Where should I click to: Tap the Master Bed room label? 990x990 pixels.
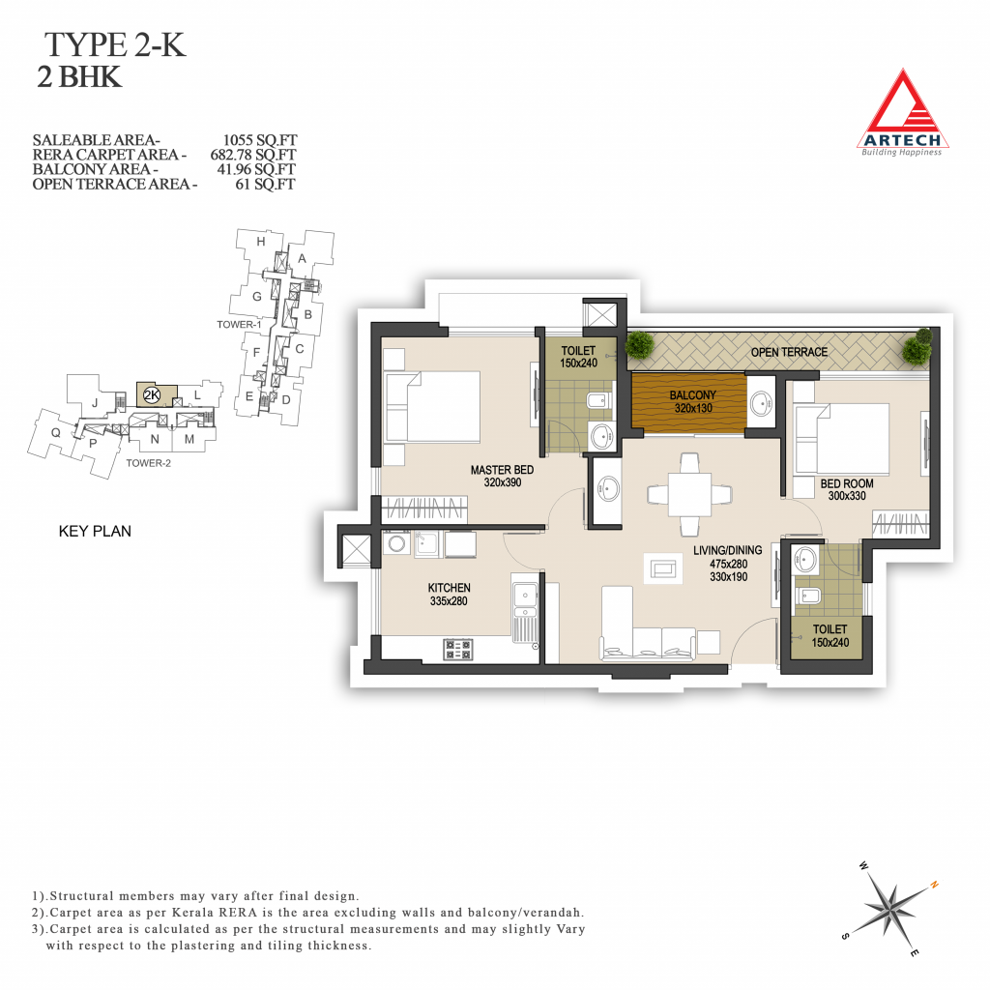[x=502, y=476]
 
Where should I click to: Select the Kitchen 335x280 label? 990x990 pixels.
[x=449, y=595]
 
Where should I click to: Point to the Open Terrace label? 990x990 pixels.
[x=789, y=352]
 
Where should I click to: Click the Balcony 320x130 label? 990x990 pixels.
[x=692, y=401]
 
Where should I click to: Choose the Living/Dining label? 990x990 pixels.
[x=727, y=550]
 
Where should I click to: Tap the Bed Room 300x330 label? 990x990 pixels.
[x=847, y=489]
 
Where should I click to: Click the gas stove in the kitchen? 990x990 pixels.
[x=458, y=649]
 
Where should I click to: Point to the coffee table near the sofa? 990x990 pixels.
[x=663, y=568]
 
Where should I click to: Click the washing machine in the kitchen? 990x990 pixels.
[x=397, y=543]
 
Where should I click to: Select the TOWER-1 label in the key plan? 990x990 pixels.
[x=239, y=325]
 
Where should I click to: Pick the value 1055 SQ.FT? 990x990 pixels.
[x=259, y=139]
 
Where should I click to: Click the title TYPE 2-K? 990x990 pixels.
[x=115, y=44]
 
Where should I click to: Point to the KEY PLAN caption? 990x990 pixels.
[x=95, y=531]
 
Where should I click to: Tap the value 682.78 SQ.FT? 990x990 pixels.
[x=253, y=155]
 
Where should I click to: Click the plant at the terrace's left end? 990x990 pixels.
[x=640, y=345]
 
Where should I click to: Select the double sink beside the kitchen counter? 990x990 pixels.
[x=525, y=601]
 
